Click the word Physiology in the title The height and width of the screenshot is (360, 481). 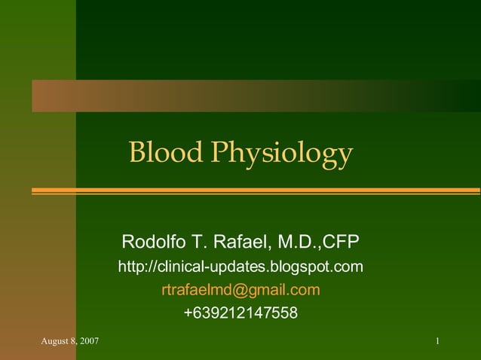coord(281,154)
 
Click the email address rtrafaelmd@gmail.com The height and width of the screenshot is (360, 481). coord(240,290)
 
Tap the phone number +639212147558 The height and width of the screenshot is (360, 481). coord(240,313)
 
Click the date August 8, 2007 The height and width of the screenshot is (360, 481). coord(69,343)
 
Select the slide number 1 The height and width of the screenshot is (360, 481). coord(437,343)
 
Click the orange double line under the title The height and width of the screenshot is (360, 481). coord(256,191)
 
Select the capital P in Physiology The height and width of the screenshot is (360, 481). coord(219,153)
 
